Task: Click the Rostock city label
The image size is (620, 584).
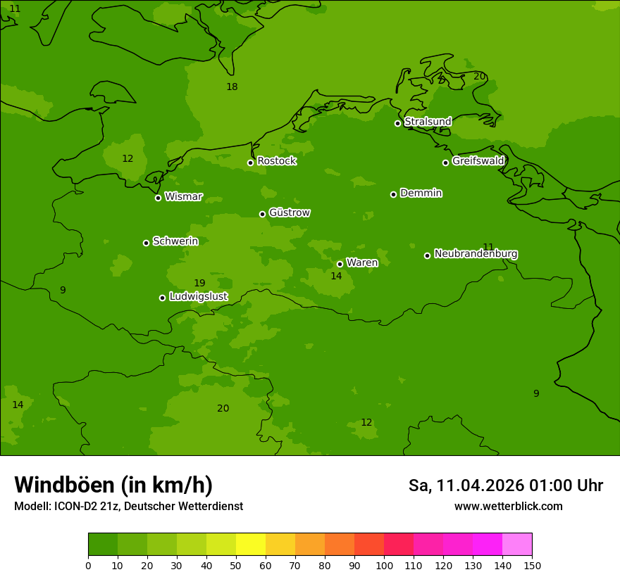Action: click(276, 161)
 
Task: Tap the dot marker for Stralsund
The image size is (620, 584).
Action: click(397, 123)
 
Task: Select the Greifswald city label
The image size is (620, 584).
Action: click(478, 161)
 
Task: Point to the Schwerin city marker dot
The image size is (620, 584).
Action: click(146, 243)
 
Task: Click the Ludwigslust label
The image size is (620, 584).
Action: click(198, 297)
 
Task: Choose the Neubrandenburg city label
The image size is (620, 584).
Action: click(476, 254)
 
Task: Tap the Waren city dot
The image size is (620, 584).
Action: click(340, 265)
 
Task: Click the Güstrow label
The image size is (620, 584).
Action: click(289, 213)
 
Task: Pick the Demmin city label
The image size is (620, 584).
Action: click(421, 193)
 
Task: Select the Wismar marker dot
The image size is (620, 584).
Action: click(158, 198)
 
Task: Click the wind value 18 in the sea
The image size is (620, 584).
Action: click(232, 87)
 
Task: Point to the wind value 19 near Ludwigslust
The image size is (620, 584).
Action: click(199, 283)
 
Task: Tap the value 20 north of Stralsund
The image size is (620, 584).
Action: click(479, 76)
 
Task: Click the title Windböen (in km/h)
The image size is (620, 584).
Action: click(113, 485)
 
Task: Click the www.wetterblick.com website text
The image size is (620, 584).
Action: click(508, 507)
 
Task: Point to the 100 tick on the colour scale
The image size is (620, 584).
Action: click(384, 565)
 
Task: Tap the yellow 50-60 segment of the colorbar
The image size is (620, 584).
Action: click(251, 545)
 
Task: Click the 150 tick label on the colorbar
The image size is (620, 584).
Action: click(532, 565)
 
